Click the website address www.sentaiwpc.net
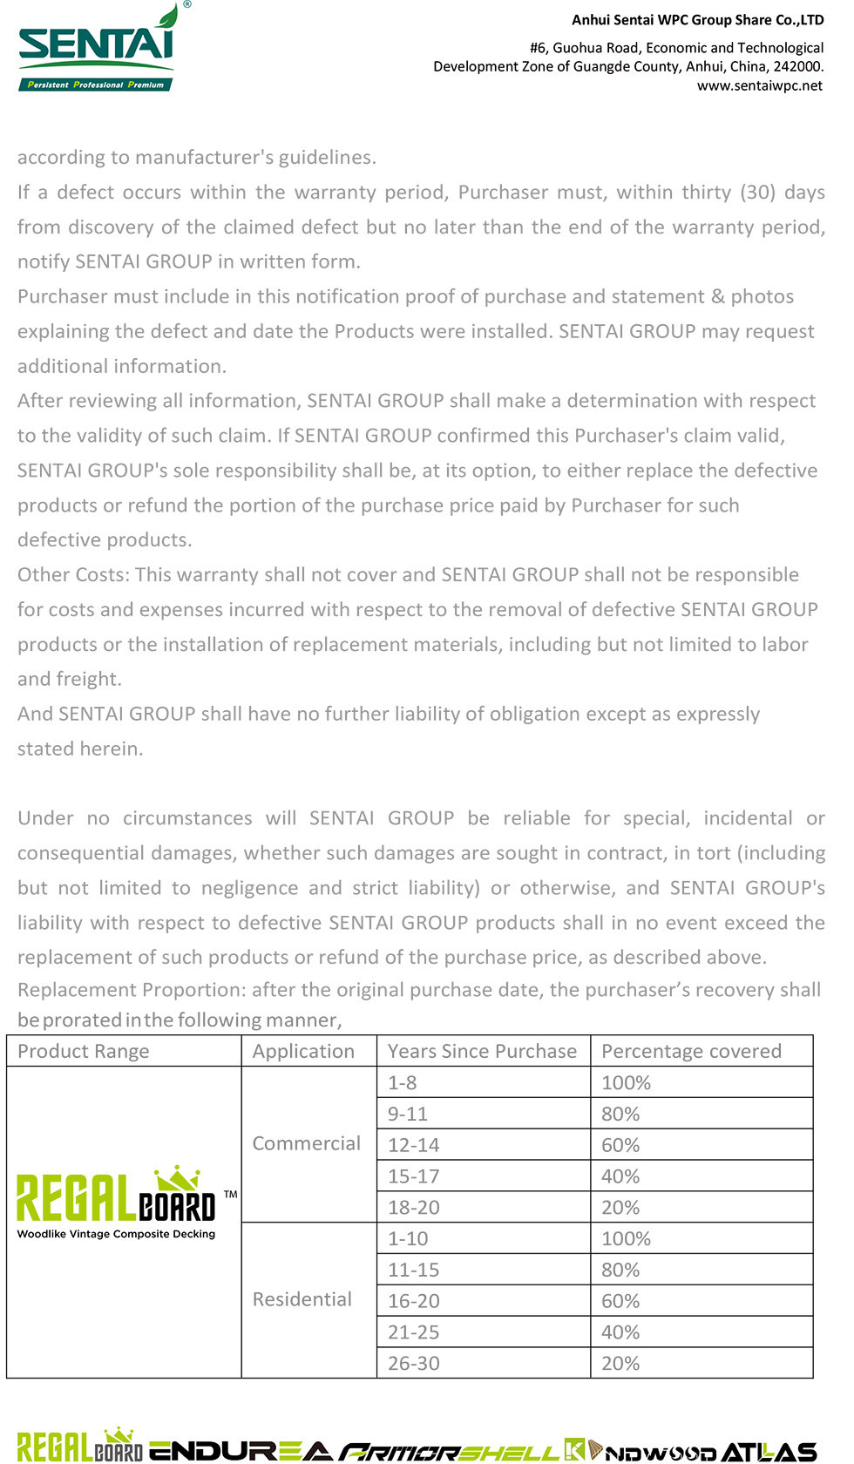[759, 85]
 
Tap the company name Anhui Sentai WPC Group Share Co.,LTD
[697, 20]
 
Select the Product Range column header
[84, 1051]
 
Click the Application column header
[303, 1051]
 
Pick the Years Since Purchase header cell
[482, 1051]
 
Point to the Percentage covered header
[691, 1051]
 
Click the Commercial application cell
[306, 1143]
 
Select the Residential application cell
[302, 1299]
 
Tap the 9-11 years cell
[408, 1114]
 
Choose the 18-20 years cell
[413, 1208]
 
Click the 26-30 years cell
[413, 1364]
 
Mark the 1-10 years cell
[408, 1238]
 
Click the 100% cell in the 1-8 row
[626, 1082]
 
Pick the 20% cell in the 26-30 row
[620, 1364]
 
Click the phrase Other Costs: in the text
[73, 574]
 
